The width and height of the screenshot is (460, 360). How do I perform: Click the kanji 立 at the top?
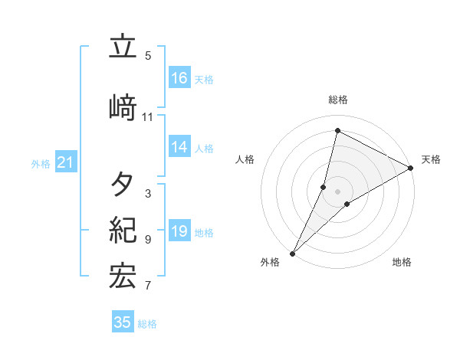[x=123, y=47]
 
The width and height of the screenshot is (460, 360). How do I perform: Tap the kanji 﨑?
[x=123, y=108]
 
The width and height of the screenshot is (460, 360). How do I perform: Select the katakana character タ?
[x=123, y=185]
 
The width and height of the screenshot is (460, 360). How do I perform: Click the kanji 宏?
[x=123, y=277]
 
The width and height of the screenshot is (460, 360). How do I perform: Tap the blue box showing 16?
[x=179, y=78]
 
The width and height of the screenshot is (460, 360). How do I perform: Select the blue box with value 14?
[x=179, y=147]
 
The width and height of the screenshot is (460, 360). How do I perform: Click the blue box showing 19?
[x=179, y=231]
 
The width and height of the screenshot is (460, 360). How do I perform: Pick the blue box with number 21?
[x=65, y=162]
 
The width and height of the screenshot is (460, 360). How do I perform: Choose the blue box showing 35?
[x=123, y=322]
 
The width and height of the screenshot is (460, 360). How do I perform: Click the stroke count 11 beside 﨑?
[x=147, y=117]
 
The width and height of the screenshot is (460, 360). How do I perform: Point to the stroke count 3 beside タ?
[x=147, y=194]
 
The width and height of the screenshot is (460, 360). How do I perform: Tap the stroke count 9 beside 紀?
[x=147, y=240]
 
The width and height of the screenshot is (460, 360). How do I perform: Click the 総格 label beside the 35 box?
[x=147, y=324]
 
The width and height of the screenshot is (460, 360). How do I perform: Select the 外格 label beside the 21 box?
[x=41, y=163]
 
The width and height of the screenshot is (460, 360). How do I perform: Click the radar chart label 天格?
[x=431, y=159]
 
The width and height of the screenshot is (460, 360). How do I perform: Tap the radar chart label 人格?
[x=245, y=159]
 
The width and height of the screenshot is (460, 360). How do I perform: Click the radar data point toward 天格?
[x=411, y=168]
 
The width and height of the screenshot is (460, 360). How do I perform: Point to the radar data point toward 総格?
[x=337, y=131]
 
